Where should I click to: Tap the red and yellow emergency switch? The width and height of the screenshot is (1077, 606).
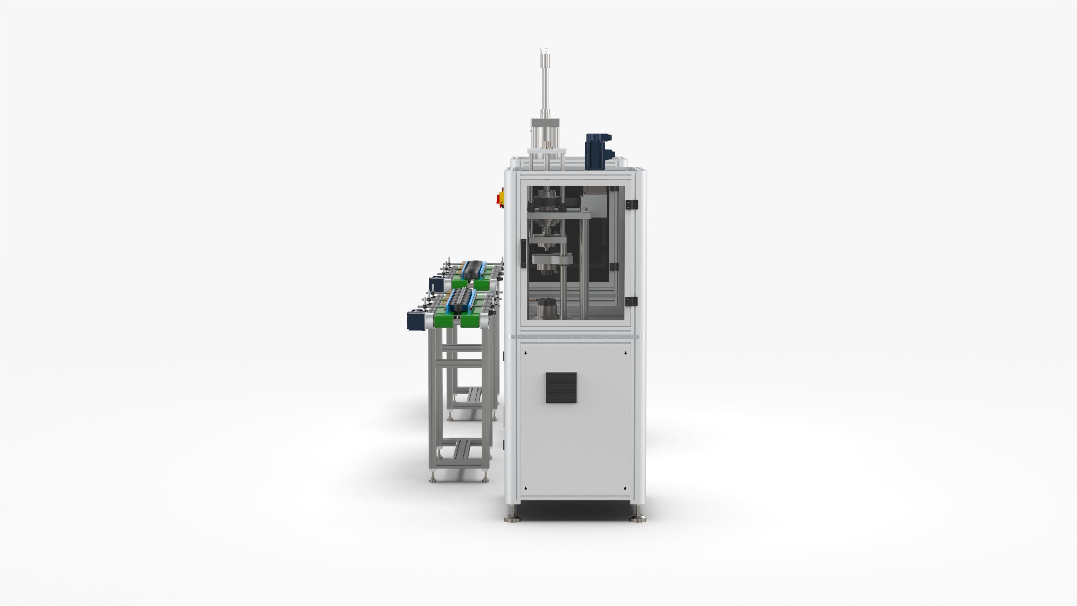500,198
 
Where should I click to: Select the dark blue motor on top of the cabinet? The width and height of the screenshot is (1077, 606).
597,151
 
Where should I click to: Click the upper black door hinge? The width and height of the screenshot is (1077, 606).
631,205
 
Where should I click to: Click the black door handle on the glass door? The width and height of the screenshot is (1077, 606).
523,253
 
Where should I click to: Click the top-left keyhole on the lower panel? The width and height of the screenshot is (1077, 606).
526,353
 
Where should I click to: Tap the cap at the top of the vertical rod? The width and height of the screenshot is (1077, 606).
545,52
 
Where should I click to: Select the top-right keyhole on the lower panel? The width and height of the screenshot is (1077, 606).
625,353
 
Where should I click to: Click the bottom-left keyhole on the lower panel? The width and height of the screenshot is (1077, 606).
526,488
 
